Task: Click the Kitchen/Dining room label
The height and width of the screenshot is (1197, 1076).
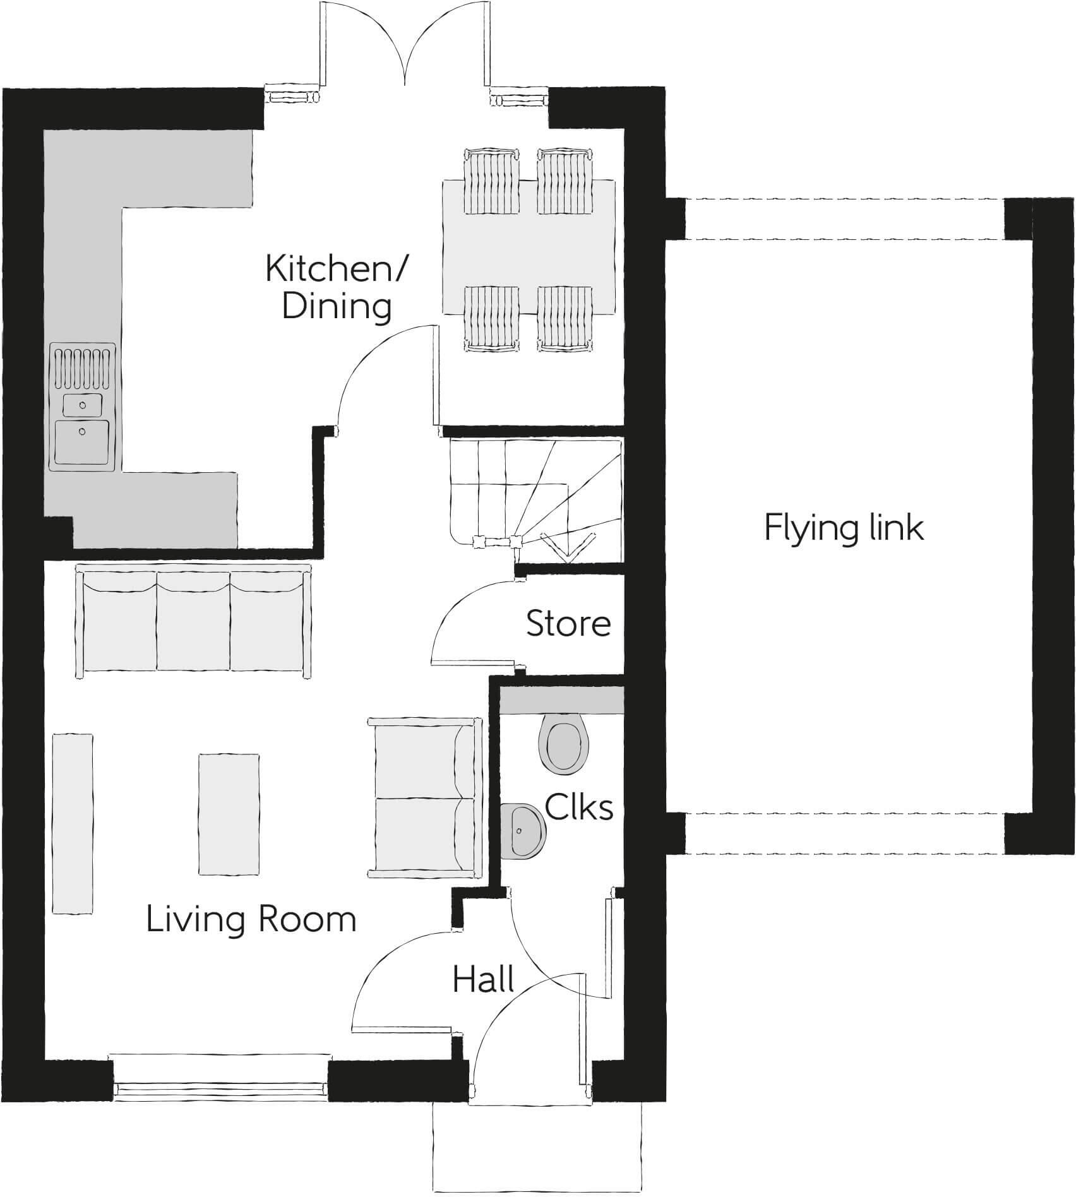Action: click(x=337, y=287)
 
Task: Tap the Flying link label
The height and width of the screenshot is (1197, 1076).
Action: click(x=844, y=528)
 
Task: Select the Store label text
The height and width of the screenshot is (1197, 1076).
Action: click(x=568, y=624)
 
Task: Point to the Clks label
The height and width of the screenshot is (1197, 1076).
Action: click(x=578, y=807)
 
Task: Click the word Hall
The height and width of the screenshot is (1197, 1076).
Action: click(x=483, y=980)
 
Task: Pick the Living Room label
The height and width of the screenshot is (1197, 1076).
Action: click(x=251, y=919)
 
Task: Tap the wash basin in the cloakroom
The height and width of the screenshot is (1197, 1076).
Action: click(x=522, y=831)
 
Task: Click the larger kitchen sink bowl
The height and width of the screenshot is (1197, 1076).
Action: click(x=82, y=441)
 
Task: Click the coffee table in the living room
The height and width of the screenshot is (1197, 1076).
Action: click(x=229, y=814)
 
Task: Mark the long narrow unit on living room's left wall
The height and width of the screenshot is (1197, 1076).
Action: click(x=73, y=823)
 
